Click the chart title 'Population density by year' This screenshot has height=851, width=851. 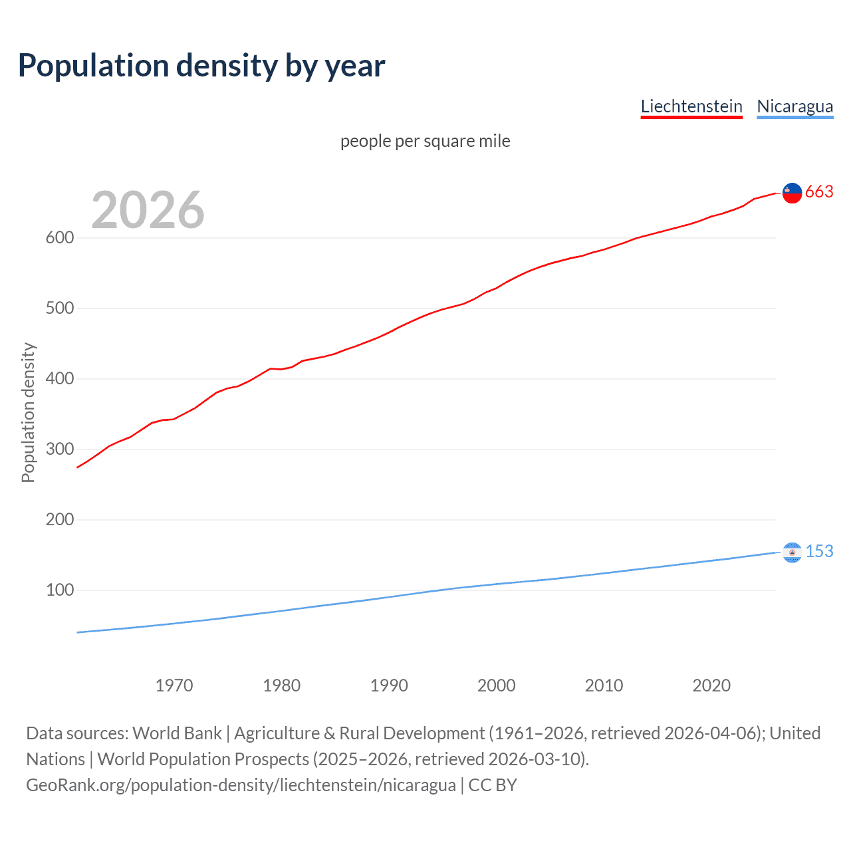(201, 66)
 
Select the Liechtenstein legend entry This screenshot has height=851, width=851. (691, 106)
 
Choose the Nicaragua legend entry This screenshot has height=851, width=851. (794, 106)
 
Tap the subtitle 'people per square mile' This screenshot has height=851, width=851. (425, 141)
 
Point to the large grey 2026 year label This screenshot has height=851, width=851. (148, 210)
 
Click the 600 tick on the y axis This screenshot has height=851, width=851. (59, 238)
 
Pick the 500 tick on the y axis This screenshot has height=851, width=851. (59, 308)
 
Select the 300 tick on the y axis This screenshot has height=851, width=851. (59, 449)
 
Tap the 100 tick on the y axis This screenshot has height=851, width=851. (59, 590)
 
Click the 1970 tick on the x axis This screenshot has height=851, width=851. (174, 685)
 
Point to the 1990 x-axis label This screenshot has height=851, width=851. (389, 685)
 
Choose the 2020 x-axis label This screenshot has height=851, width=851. (711, 685)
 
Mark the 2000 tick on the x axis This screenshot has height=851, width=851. (497, 685)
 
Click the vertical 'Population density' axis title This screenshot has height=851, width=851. (28, 412)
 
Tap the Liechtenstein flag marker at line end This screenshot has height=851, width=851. (792, 193)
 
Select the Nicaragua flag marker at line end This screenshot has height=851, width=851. (792, 552)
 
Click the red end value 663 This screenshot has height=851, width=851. (819, 192)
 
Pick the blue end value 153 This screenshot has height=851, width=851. (819, 552)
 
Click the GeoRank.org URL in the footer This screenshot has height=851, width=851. (241, 785)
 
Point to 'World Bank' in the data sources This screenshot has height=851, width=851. (177, 733)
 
